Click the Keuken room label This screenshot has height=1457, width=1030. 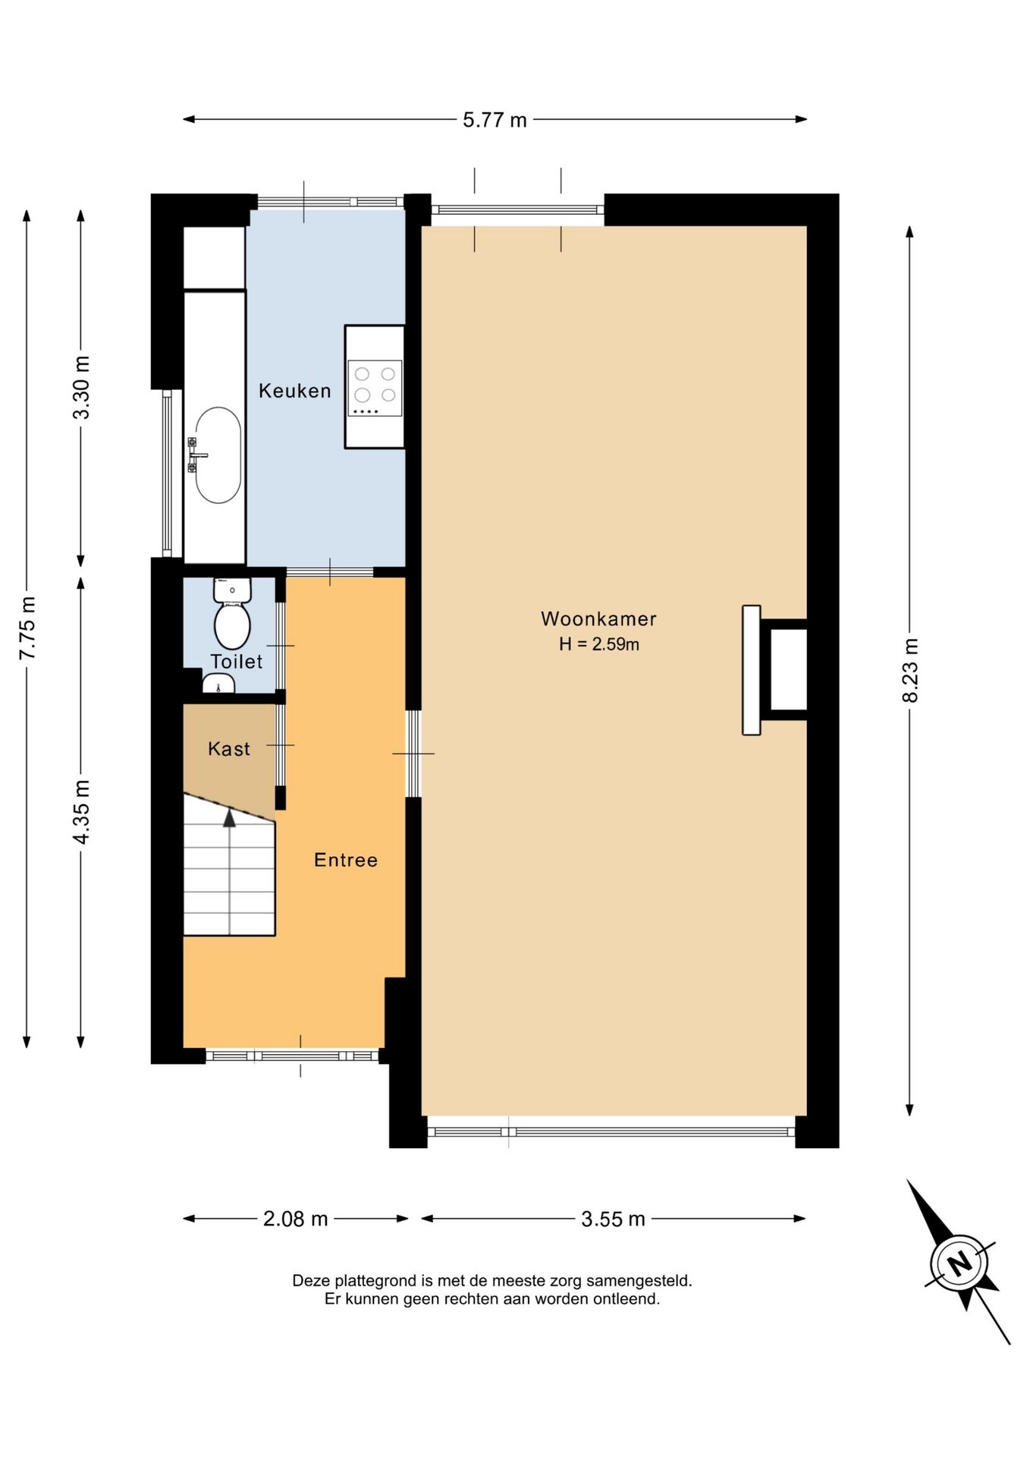[294, 391]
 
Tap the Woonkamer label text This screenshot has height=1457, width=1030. [598, 618]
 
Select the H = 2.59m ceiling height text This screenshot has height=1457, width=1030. [598, 644]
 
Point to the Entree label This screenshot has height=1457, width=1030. [346, 860]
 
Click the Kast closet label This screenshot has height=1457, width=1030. [229, 749]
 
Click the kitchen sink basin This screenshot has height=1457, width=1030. [218, 455]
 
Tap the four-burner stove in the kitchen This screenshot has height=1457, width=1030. [375, 388]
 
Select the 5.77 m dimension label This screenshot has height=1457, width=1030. [495, 120]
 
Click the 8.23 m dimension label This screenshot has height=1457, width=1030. [910, 670]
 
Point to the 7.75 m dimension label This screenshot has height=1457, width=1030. [27, 628]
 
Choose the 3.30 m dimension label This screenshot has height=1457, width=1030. [81, 387]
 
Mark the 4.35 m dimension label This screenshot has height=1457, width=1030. [81, 811]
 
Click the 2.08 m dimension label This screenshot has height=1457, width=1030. [295, 1219]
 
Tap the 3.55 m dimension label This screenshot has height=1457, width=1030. [613, 1219]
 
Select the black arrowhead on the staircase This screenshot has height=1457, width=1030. [229, 817]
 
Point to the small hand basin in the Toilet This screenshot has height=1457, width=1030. [218, 684]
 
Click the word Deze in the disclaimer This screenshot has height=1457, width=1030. [310, 1281]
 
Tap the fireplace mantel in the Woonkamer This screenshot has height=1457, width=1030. [751, 670]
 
